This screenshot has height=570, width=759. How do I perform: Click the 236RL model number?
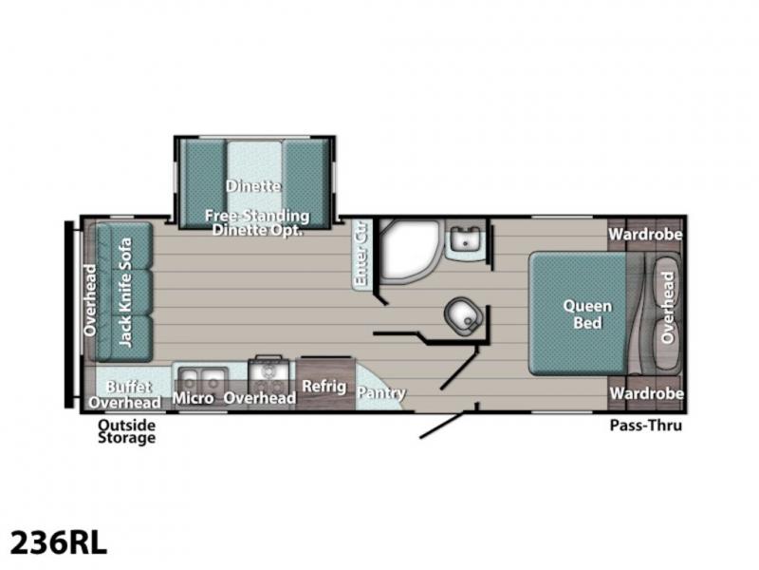[58, 542]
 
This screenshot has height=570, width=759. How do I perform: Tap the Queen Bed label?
[587, 314]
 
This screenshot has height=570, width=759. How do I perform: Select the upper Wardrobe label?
[645, 235]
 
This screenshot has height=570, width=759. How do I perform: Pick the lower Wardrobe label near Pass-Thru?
[646, 393]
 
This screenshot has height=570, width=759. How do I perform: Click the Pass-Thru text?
[646, 425]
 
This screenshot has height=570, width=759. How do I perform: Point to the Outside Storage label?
[127, 431]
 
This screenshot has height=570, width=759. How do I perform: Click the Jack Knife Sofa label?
[125, 292]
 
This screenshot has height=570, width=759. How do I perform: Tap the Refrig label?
[324, 387]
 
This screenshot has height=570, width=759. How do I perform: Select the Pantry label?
[381, 393]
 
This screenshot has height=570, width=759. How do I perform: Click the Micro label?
[194, 398]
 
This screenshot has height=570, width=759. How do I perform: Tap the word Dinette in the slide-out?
[253, 186]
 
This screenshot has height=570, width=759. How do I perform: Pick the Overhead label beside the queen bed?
[667, 307]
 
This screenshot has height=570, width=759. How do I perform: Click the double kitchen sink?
[203, 378]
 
